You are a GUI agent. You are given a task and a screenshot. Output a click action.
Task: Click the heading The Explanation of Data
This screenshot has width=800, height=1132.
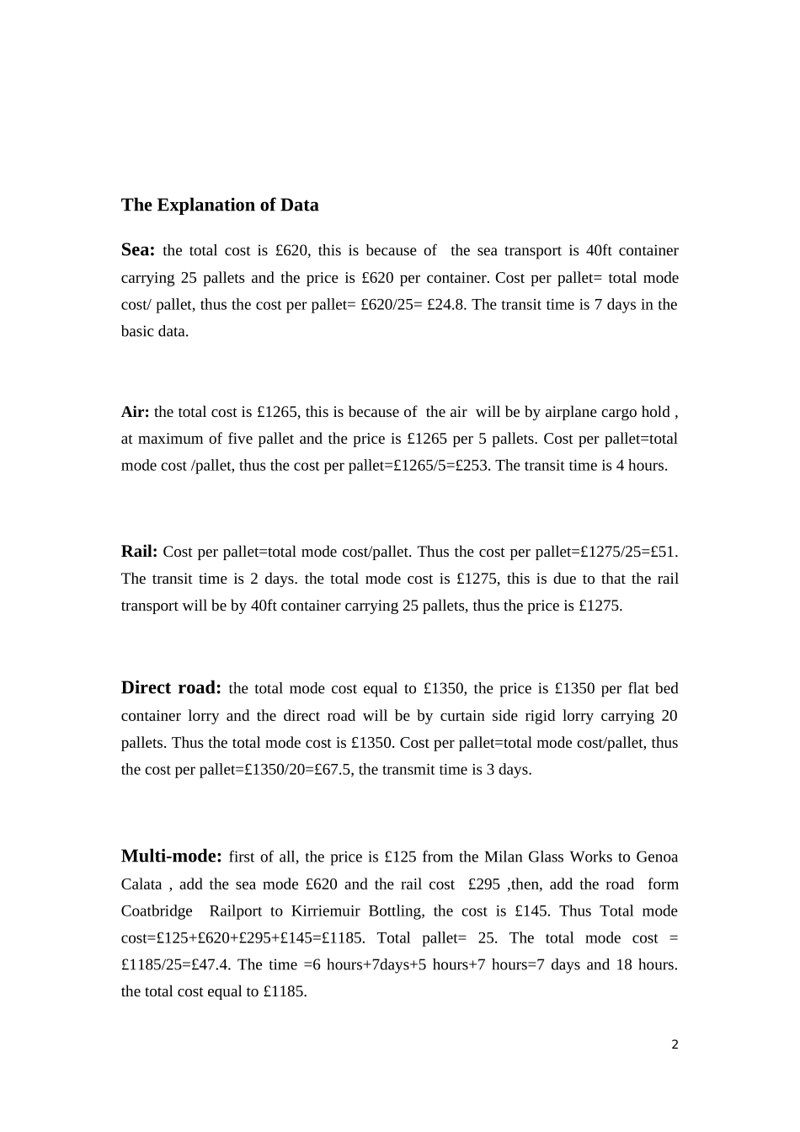220,205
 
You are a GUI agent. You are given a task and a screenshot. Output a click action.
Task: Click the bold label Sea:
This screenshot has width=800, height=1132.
138,249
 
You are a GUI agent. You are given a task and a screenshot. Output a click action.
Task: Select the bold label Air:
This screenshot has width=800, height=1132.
135,412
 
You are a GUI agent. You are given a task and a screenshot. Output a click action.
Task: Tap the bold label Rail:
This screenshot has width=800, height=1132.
139,552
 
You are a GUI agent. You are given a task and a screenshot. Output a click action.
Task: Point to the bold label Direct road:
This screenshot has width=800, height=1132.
171,687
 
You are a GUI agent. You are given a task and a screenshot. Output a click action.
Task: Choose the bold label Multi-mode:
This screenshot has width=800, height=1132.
171,856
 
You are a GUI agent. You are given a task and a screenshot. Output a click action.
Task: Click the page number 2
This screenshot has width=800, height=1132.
675,1045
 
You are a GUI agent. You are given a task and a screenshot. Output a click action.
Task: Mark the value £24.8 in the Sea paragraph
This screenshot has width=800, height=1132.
447,305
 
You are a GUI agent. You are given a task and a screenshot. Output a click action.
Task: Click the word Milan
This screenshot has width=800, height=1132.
502,857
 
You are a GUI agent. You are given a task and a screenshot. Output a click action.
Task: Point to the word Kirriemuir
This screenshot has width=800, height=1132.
327,911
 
